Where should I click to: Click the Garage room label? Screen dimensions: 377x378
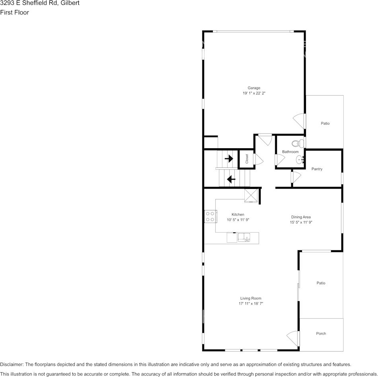(254, 88)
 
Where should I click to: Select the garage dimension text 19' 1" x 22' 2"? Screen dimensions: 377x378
(254, 93)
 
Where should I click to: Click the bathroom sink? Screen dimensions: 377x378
(300, 160)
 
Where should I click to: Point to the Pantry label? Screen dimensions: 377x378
(317, 169)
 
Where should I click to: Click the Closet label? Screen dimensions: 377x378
(247, 159)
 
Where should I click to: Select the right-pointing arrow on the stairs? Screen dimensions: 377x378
(229, 159)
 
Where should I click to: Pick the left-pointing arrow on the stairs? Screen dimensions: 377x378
(231, 179)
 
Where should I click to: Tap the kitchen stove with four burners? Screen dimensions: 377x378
(210, 216)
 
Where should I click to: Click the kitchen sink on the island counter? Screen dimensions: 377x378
(244, 238)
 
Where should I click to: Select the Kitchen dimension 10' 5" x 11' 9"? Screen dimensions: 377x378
(238, 220)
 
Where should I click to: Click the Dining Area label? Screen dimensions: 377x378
(301, 217)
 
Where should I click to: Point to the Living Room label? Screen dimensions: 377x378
(251, 298)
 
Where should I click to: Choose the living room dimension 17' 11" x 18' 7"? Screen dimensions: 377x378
(251, 304)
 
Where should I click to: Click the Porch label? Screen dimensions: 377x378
(321, 334)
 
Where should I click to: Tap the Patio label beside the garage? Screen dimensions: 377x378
(325, 124)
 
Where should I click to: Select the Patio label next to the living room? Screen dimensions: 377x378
(321, 283)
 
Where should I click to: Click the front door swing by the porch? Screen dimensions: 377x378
(293, 338)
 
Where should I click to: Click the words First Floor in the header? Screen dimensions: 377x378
(14, 12)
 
